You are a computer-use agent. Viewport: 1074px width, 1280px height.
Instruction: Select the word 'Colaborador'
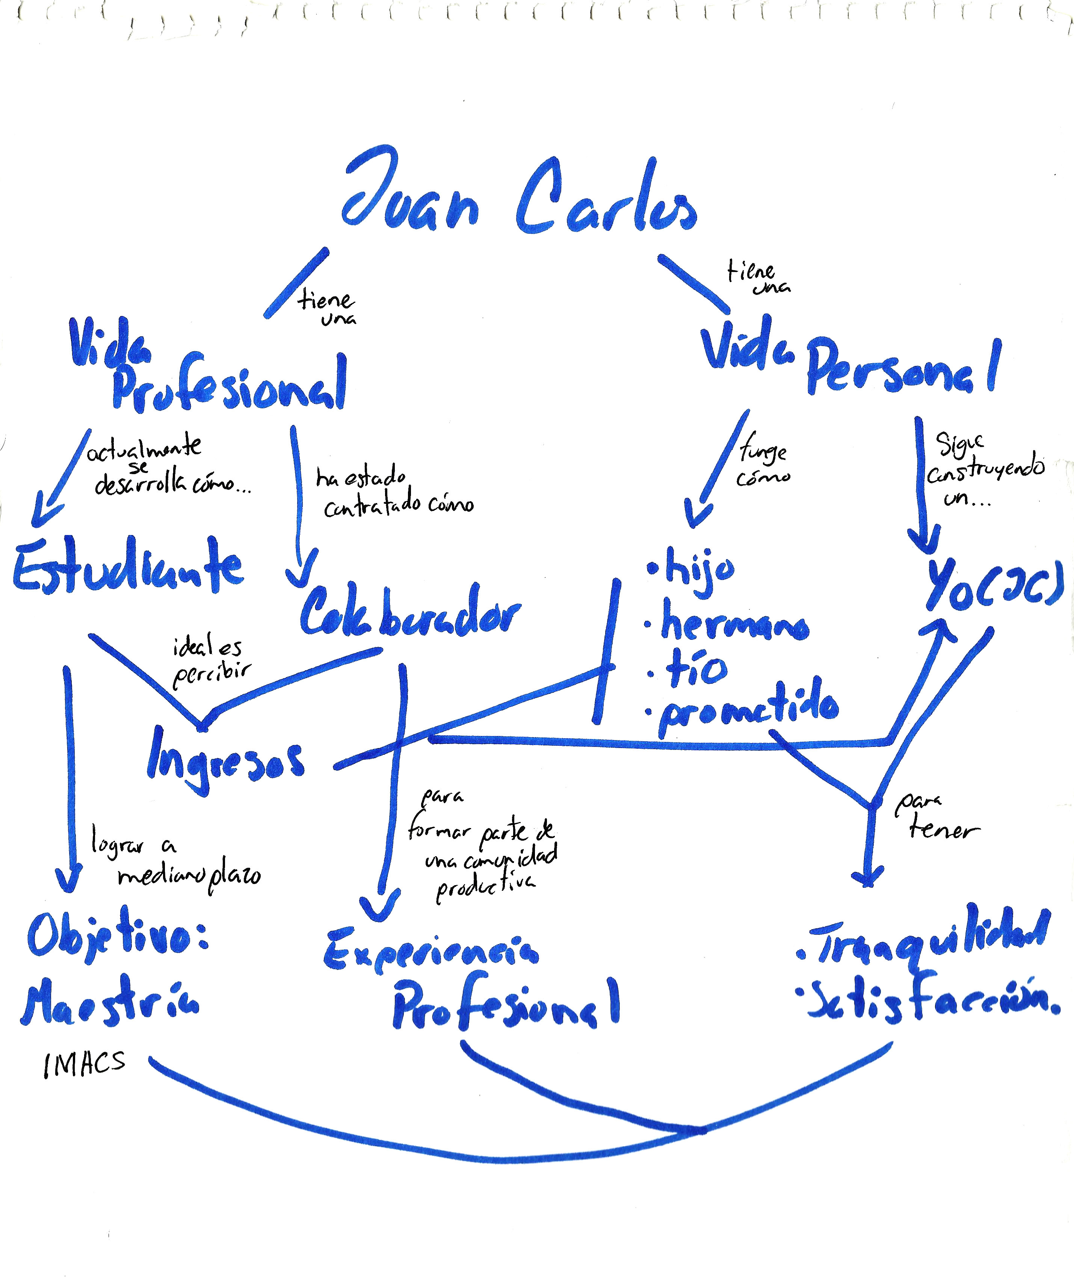pos(409,612)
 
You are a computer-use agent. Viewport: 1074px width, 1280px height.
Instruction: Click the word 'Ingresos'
pos(225,762)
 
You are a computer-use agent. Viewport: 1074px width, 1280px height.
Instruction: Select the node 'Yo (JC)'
pos(994,585)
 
